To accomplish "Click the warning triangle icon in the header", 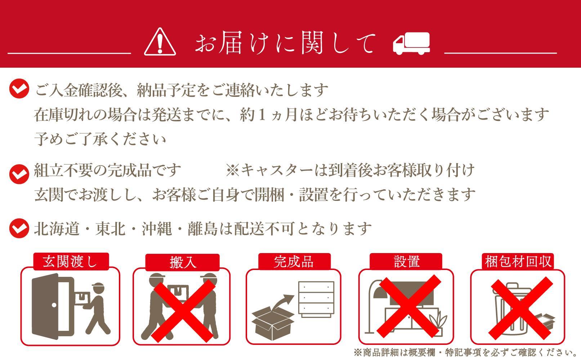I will click(160, 43).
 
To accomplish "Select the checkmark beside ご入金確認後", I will click(19, 89).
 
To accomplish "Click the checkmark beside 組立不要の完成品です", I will click(19, 174).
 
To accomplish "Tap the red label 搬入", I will click(183, 262).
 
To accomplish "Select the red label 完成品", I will click(294, 261).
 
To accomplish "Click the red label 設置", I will click(406, 261).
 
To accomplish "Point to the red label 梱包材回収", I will click(518, 261).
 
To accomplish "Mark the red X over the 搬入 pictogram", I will click(183, 311).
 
